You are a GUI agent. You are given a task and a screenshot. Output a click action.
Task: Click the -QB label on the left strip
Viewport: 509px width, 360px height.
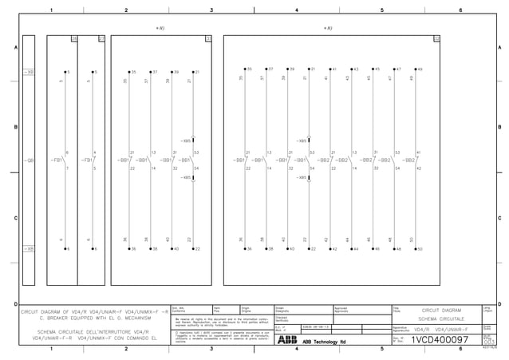[30, 160]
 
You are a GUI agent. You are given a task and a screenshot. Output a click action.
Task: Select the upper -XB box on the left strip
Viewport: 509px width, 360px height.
[30, 72]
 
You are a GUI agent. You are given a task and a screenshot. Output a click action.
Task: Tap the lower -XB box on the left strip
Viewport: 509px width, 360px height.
[30, 249]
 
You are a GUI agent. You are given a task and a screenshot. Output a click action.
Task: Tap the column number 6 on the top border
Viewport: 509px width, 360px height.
[460, 10]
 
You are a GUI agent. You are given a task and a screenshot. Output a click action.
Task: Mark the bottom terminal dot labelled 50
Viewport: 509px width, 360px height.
[412, 249]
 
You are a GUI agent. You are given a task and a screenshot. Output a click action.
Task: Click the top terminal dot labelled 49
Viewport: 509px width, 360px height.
[412, 70]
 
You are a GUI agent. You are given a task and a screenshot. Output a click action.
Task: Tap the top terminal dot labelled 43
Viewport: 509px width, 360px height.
[349, 70]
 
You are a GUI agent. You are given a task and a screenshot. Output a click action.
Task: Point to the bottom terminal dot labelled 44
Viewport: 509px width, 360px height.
[349, 249]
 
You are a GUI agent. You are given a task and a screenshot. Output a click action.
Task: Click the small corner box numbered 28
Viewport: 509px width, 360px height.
[74, 38]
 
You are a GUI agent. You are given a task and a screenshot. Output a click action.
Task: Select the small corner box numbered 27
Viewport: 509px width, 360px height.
[101, 38]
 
